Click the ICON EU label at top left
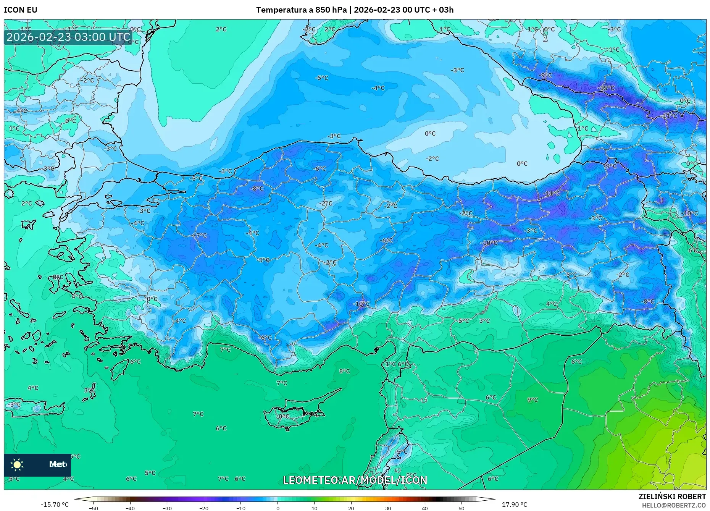(21, 10)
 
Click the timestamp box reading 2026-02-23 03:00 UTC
(68, 37)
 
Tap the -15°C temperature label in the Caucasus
(606, 88)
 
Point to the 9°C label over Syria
(532, 400)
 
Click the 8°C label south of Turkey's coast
(344, 371)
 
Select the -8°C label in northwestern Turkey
(257, 189)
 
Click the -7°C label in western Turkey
(200, 236)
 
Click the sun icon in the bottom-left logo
(17, 464)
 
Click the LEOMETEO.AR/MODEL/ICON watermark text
(355, 480)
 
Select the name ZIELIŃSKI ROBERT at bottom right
(672, 496)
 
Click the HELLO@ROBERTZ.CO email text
(674, 505)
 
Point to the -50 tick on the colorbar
(94, 508)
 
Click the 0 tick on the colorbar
(278, 508)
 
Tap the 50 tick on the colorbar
(461, 508)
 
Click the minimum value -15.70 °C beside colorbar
(55, 505)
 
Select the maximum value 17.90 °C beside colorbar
(514, 505)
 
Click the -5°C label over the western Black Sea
(321, 78)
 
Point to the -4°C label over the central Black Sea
(378, 88)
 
